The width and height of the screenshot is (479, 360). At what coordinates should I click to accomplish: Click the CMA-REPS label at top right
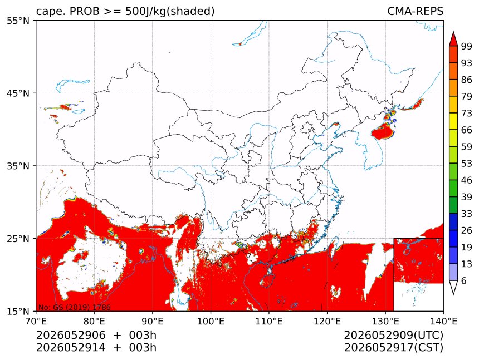pyautogui.click(x=415, y=11)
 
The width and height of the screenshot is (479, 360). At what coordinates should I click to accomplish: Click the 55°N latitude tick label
pyautogui.click(x=18, y=21)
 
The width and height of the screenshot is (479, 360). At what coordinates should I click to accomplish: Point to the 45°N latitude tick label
pyautogui.click(x=18, y=93)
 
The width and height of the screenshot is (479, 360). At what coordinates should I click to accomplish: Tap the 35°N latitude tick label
pyautogui.click(x=18, y=166)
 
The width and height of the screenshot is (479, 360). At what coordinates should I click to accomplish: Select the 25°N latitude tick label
pyautogui.click(x=18, y=238)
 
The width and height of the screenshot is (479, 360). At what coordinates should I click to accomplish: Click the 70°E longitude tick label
pyautogui.click(x=36, y=321)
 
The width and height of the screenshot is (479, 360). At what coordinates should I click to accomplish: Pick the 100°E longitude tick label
pyautogui.click(x=211, y=321)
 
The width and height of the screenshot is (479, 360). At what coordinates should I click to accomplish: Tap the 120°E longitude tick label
pyautogui.click(x=327, y=321)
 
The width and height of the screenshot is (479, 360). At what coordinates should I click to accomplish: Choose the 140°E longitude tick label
pyautogui.click(x=443, y=321)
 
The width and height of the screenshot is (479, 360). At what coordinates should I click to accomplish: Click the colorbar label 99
pyautogui.click(x=467, y=46)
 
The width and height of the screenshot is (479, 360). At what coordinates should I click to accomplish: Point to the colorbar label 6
pyautogui.click(x=464, y=280)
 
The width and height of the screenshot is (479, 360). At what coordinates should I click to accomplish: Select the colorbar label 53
pyautogui.click(x=467, y=164)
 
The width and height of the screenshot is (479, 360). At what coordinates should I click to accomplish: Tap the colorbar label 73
pyautogui.click(x=467, y=113)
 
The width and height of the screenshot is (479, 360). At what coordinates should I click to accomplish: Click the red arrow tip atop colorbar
pyautogui.click(x=453, y=31)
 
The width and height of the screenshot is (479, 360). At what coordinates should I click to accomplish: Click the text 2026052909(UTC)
pyautogui.click(x=393, y=335)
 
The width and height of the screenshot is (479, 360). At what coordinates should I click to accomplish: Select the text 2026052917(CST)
pyautogui.click(x=393, y=348)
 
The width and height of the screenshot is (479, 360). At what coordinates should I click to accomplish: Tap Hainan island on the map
pyautogui.click(x=267, y=280)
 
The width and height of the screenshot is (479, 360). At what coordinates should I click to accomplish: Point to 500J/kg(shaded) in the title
pyautogui.click(x=170, y=11)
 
